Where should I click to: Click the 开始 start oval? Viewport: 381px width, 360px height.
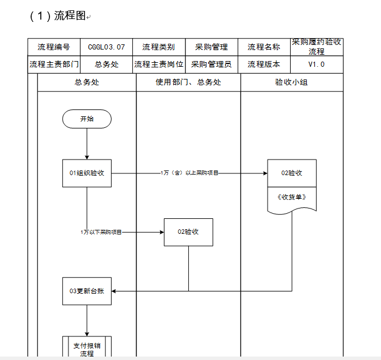click(x=87, y=119)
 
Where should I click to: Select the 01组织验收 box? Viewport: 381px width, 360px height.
click(x=87, y=173)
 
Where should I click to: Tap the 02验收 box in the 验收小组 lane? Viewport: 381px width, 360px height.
click(x=292, y=173)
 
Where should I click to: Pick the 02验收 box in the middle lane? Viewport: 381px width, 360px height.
click(x=188, y=232)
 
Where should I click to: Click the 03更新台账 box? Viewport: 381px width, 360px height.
click(x=87, y=291)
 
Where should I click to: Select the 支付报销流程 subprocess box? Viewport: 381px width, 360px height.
click(x=87, y=347)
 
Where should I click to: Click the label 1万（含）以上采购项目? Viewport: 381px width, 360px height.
click(x=189, y=173)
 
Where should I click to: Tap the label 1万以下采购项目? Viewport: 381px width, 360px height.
click(x=101, y=232)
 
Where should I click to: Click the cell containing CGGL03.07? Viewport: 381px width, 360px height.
click(x=106, y=47)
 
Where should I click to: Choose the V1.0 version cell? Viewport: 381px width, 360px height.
click(x=317, y=65)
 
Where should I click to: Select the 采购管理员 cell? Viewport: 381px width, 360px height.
click(x=211, y=65)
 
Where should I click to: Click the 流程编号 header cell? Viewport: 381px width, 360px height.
click(x=54, y=47)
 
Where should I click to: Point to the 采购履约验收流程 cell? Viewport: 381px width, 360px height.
click(x=317, y=47)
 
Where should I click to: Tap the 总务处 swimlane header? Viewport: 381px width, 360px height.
click(x=87, y=82)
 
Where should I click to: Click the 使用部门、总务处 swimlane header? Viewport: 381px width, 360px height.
click(x=188, y=82)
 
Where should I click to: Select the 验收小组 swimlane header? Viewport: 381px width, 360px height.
click(x=292, y=82)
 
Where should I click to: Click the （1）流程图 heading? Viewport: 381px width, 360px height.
click(x=58, y=16)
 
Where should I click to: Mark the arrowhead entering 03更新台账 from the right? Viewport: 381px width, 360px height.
click(x=113, y=291)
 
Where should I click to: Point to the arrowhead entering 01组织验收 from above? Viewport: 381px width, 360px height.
click(x=87, y=157)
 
